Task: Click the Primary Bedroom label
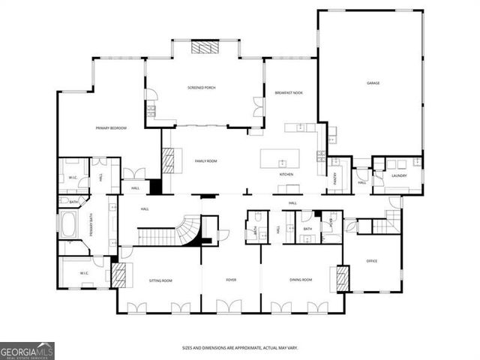point(111,128)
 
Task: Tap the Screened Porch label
point(202,88)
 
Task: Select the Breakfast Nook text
point(289,92)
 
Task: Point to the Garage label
point(373,83)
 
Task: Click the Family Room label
point(205,160)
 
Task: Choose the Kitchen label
point(286,175)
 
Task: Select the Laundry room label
point(398,176)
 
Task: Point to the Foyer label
point(231,280)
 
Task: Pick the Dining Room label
point(301,280)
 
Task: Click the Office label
point(372,261)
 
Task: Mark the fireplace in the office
point(343,279)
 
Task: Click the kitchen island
point(280,159)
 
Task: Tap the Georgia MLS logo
point(27,351)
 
